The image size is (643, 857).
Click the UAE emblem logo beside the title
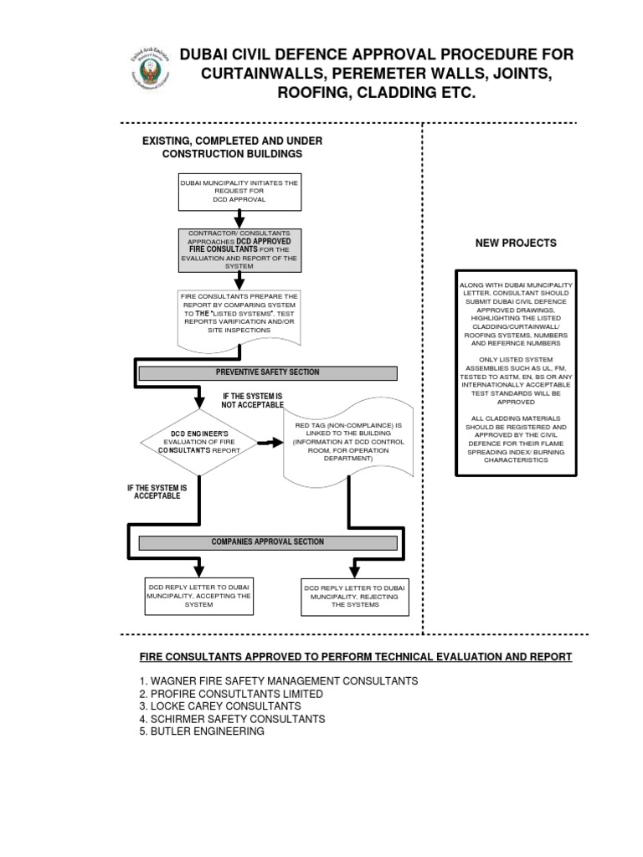point(149,68)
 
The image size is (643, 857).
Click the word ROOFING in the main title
point(313,92)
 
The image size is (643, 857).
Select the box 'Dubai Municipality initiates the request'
point(239,192)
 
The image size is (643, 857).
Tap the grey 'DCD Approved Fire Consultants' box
point(239,250)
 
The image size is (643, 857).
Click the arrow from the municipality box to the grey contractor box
point(239,219)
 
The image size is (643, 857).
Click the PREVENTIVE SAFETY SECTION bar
point(268,372)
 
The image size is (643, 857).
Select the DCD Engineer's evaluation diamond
point(199,443)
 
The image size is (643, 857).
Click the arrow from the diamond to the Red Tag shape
point(270,442)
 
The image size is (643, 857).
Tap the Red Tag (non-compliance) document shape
point(348,442)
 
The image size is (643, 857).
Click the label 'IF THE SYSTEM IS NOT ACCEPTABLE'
point(253,401)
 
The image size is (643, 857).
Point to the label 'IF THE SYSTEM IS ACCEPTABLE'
point(157,492)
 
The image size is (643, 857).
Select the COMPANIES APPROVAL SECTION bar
point(268,542)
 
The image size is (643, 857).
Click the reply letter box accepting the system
point(199,596)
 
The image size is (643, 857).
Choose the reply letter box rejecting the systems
point(355,598)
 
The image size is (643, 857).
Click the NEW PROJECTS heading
point(516,244)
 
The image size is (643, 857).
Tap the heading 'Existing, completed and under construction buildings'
point(233,147)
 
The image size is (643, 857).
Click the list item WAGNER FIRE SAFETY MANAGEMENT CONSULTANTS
point(279,681)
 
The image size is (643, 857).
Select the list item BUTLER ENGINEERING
point(202,731)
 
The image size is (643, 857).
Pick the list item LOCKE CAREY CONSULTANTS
point(220,706)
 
